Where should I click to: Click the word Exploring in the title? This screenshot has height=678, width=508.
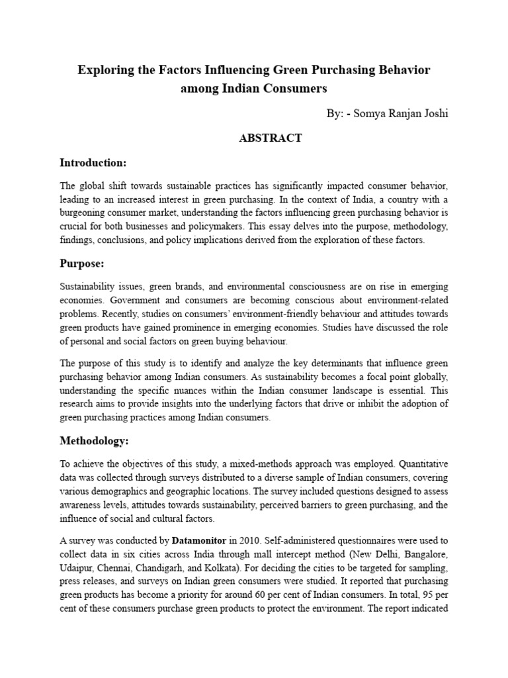coord(105,70)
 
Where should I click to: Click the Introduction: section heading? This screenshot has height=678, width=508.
coord(93,162)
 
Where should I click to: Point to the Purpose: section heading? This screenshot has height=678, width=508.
coord(82,263)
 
